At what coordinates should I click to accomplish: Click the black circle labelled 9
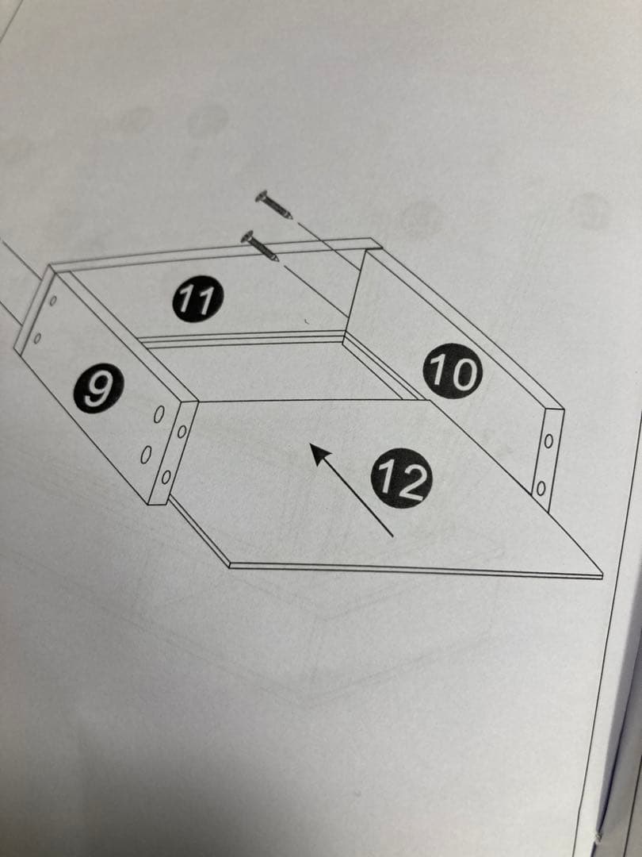coord(99,388)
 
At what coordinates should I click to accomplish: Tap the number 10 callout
coord(453,371)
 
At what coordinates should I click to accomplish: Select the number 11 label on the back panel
coord(198,298)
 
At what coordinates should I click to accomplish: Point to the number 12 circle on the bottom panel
coord(401,478)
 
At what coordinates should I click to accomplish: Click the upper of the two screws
coord(273,205)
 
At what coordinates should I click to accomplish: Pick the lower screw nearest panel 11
coord(260,246)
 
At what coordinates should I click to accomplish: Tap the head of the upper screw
coord(262,196)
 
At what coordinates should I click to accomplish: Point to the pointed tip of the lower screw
coord(277,259)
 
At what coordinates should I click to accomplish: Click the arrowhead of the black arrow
coord(321,454)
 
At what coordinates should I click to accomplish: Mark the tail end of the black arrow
coord(392,536)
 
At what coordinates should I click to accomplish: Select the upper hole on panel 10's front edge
coord(548,440)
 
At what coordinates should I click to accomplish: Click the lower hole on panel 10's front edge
coord(541,488)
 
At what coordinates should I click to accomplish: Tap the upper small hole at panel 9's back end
coord(53,300)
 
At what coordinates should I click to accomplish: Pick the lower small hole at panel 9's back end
coord(37,338)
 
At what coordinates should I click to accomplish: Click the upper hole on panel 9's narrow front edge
coord(182,432)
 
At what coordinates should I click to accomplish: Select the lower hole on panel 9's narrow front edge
coord(166,477)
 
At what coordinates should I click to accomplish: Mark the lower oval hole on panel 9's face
coord(146,455)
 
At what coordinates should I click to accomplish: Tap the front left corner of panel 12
coord(229,565)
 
